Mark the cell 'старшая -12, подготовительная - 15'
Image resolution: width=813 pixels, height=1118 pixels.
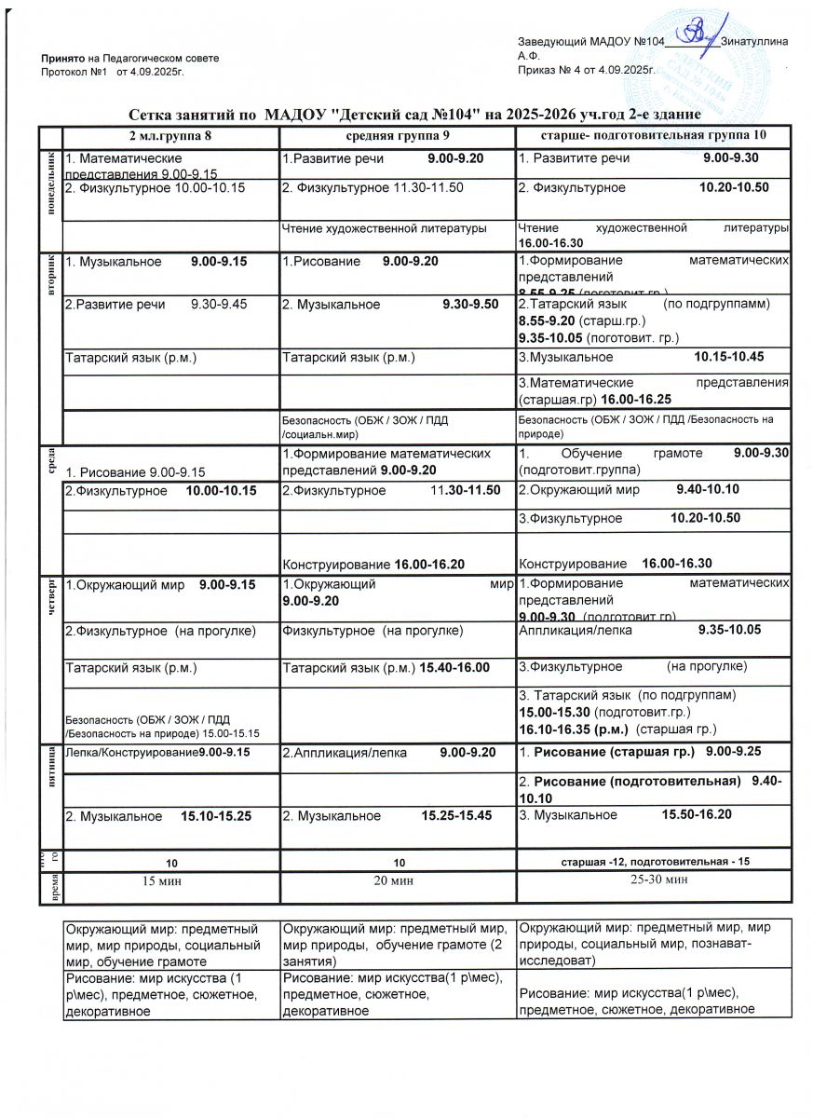point(656,860)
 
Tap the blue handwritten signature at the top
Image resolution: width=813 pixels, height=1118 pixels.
point(695,33)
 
